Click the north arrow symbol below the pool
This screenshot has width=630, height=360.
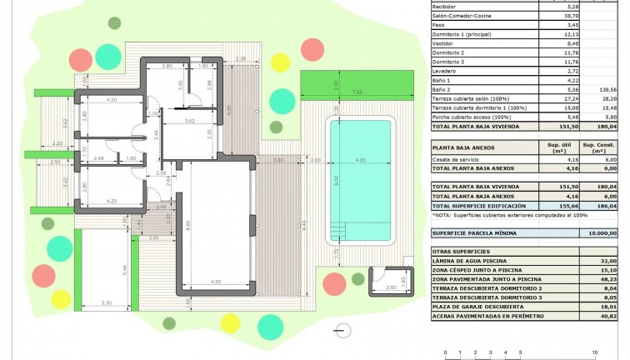click(x=340, y=331)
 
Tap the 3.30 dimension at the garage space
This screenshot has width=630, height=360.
click(x=107, y=302)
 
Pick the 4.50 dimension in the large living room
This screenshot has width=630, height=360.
click(x=216, y=281)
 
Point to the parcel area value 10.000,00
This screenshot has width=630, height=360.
click(x=601, y=233)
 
